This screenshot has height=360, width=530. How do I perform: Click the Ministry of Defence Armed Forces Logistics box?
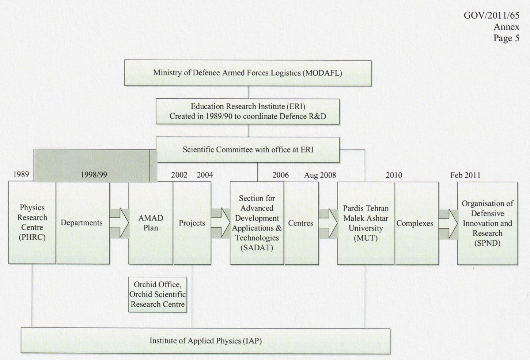click(x=248, y=73)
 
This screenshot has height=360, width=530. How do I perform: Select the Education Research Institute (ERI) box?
click(x=248, y=111)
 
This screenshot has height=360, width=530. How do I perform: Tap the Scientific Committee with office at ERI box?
click(x=248, y=149)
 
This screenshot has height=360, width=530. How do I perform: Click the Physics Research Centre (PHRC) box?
click(x=32, y=223)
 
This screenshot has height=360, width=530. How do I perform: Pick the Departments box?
click(x=82, y=223)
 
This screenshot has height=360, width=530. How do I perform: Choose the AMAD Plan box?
click(x=151, y=223)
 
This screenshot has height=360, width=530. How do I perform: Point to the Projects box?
click(x=192, y=223)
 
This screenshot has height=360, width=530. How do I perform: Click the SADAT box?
click(x=257, y=223)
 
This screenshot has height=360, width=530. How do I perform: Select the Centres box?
click(x=301, y=223)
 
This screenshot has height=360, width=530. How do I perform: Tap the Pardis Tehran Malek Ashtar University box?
click(x=366, y=223)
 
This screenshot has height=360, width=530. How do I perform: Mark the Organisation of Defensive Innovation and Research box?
click(x=487, y=223)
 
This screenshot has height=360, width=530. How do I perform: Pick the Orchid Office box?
click(x=158, y=294)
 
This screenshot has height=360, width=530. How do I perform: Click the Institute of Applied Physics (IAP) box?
click(x=205, y=341)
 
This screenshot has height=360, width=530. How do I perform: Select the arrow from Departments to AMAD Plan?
click(x=119, y=223)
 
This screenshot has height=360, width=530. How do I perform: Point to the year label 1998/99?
click(x=94, y=175)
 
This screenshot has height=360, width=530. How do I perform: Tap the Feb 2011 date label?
click(x=465, y=175)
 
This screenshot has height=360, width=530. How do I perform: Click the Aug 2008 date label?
click(x=320, y=175)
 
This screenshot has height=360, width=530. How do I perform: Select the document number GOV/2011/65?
click(x=491, y=15)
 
